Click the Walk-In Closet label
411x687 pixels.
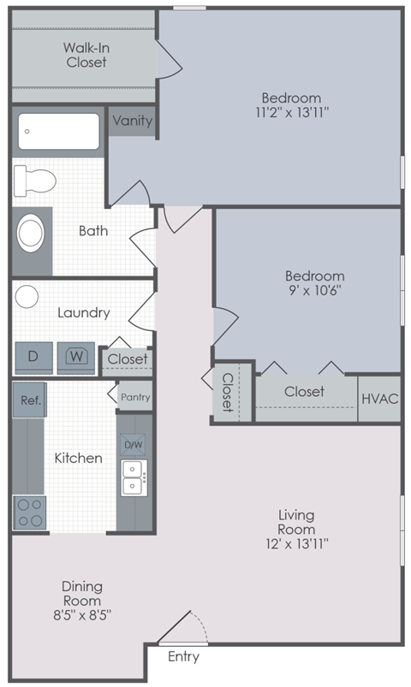(x=85, y=55)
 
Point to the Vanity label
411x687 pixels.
(x=132, y=121)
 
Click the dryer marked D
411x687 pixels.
(x=33, y=356)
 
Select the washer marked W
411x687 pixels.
(x=76, y=356)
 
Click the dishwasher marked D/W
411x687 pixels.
(x=134, y=445)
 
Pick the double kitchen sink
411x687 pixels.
(x=133, y=477)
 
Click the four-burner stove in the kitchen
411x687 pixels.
(x=29, y=512)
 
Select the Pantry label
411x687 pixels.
(x=134, y=397)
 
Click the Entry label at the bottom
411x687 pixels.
(x=183, y=657)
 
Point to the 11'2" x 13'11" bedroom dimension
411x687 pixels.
(x=291, y=112)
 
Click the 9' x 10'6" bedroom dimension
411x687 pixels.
(x=314, y=291)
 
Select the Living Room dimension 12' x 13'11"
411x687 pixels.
(x=296, y=542)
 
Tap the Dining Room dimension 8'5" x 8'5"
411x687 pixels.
(x=82, y=613)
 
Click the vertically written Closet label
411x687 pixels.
(x=229, y=393)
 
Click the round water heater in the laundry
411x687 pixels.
(x=27, y=297)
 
